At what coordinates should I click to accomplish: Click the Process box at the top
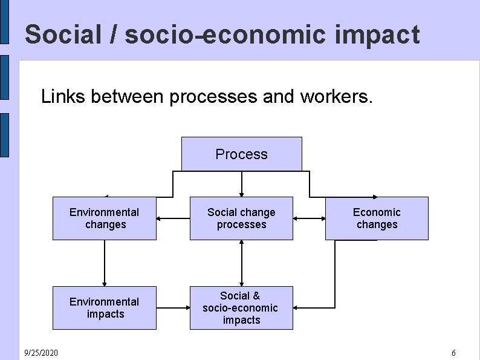(241, 154)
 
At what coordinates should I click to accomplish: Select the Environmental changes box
(104, 218)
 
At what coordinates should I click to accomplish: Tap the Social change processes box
(241, 218)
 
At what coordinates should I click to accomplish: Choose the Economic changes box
(377, 218)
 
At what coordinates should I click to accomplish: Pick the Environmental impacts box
(104, 307)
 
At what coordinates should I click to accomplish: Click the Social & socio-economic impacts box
(241, 307)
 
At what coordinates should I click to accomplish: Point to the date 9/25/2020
(41, 352)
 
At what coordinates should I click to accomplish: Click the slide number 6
(453, 352)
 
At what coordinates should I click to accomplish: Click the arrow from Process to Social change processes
(241, 184)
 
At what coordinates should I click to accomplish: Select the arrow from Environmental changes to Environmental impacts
(104, 263)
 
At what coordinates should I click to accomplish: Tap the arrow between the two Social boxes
(241, 263)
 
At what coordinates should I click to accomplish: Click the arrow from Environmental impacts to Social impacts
(173, 307)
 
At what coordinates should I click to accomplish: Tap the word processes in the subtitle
(215, 96)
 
